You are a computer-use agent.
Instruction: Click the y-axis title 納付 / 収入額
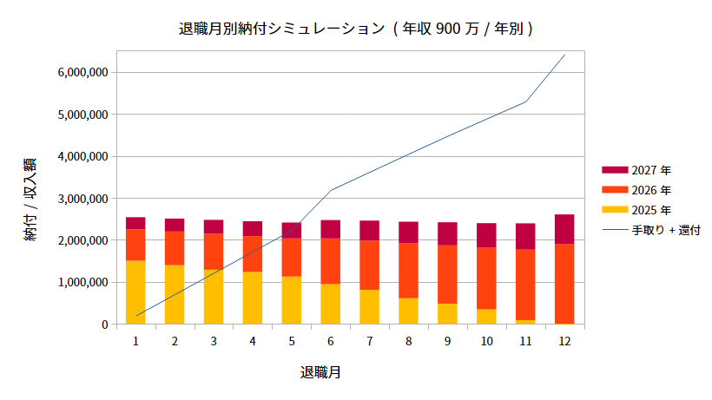[30, 199]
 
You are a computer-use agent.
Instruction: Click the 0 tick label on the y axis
[103, 325]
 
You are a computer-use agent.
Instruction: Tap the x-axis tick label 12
[564, 342]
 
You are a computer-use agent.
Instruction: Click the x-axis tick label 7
[370, 342]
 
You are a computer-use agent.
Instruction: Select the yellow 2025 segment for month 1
[135, 292]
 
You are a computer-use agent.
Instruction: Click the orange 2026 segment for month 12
[564, 284]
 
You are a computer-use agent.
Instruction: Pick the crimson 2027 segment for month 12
[564, 229]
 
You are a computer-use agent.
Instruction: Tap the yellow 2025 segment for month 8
[408, 311]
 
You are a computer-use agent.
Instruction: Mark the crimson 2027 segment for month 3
[214, 226]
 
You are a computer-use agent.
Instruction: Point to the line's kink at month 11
[525, 102]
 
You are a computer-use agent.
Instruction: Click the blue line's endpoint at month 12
[564, 56]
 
